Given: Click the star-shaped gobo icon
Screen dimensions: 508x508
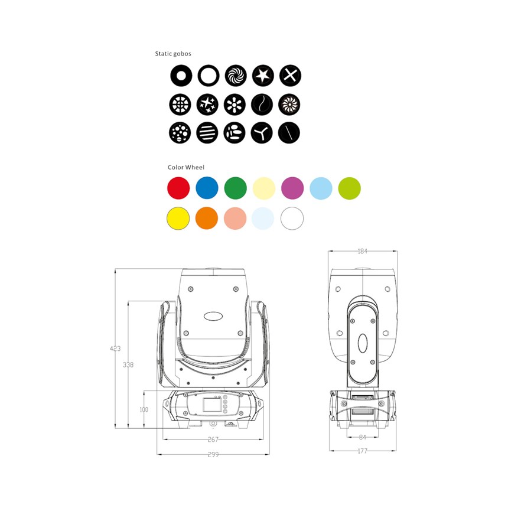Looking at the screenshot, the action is (263, 76).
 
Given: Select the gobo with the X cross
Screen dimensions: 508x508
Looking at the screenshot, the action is (290, 76).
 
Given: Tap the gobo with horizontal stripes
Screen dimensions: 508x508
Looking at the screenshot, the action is (207, 132).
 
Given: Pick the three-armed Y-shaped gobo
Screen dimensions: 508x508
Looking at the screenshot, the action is (262, 132).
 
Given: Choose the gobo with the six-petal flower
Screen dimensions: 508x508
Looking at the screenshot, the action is (235, 105).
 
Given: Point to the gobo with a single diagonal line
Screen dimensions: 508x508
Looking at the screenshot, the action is (289, 132).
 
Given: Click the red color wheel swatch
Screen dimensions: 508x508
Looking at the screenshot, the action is (178, 188).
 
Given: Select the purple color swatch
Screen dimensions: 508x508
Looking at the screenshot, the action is (292, 188).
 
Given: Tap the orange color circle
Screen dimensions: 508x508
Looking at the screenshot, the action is (207, 219).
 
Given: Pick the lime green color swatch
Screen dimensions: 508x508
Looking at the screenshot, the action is (349, 188).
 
